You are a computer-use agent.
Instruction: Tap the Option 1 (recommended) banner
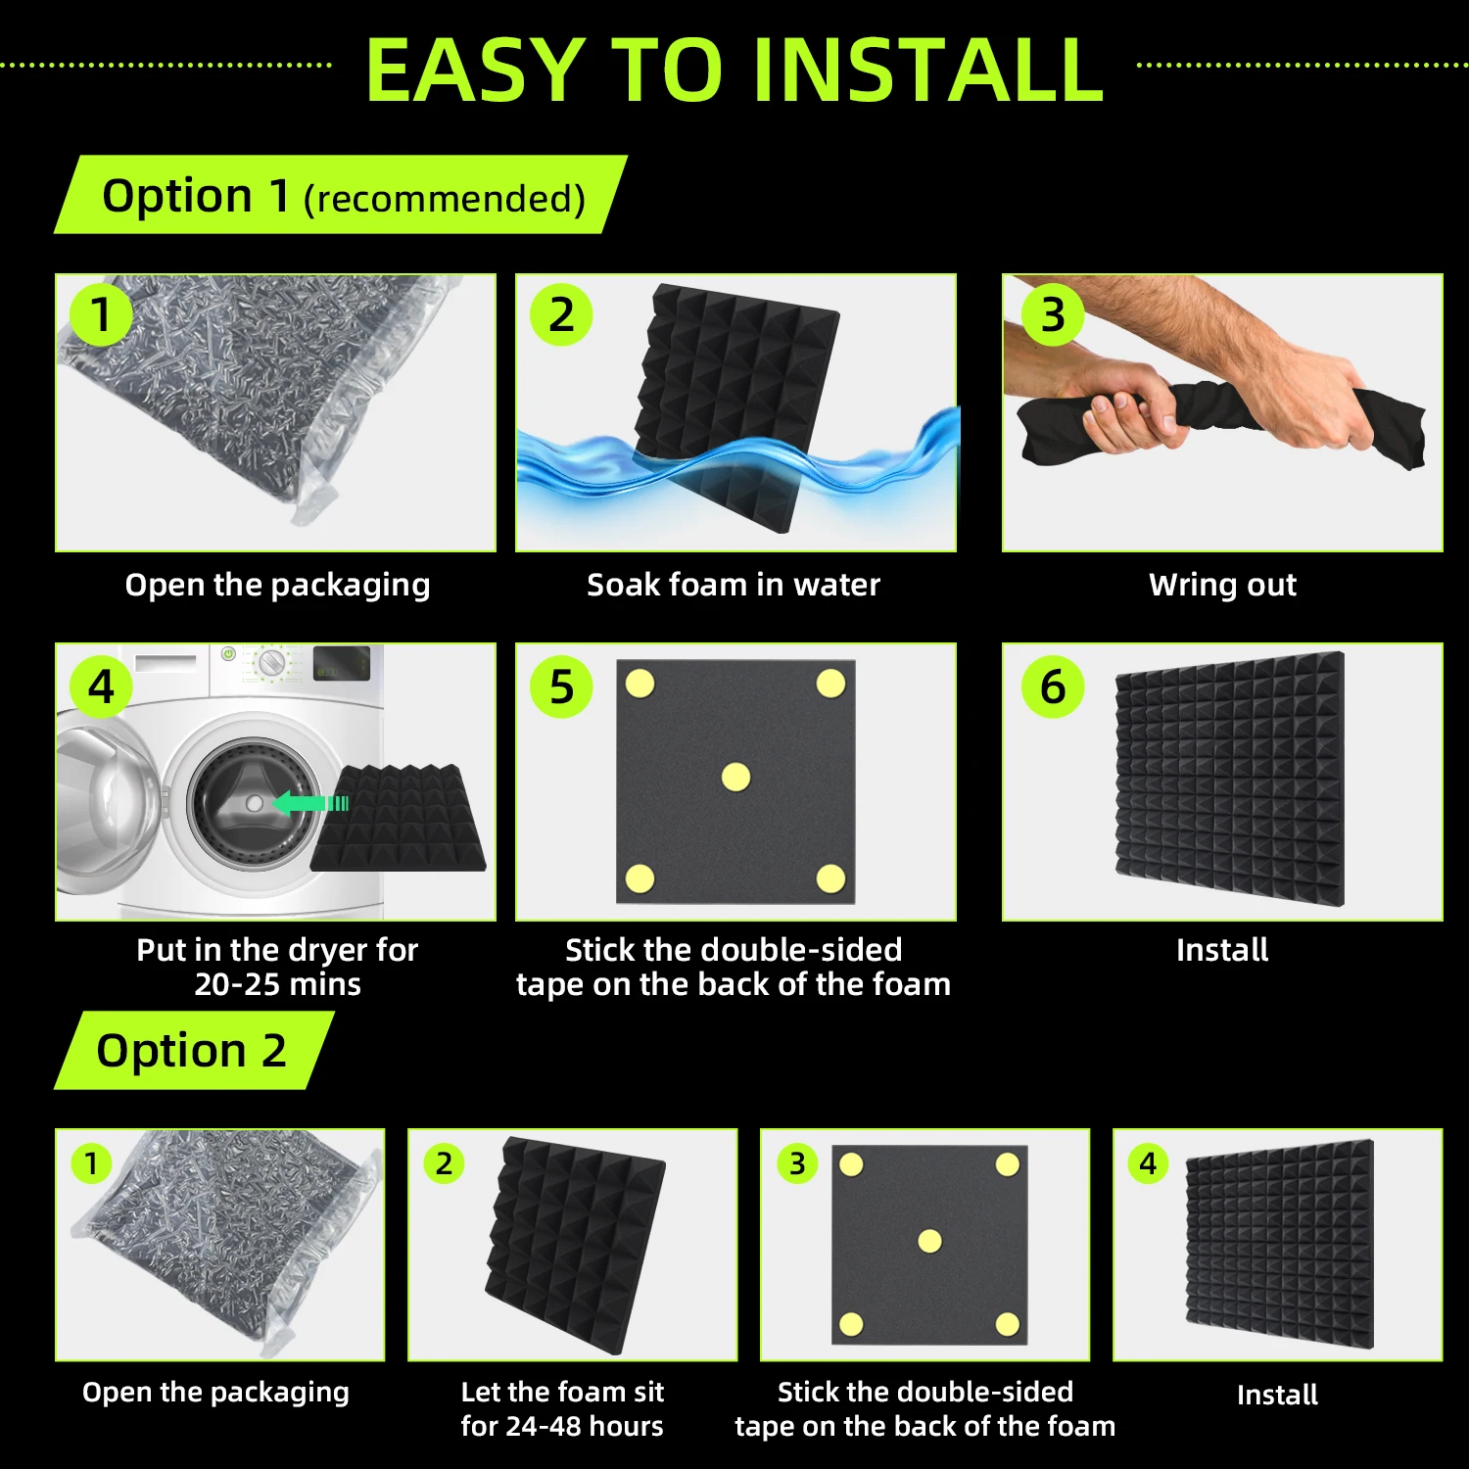click(x=340, y=195)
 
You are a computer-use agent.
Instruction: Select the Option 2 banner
click(x=194, y=1050)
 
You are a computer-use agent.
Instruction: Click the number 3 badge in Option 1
click(x=1053, y=314)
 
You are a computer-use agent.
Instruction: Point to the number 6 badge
click(x=1053, y=687)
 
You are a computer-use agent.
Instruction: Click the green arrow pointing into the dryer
click(x=310, y=803)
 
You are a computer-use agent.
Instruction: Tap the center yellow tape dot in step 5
click(x=735, y=778)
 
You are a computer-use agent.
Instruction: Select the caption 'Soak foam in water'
click(x=734, y=585)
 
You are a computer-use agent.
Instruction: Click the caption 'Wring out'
click(x=1222, y=585)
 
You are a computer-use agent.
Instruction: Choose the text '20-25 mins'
click(x=278, y=984)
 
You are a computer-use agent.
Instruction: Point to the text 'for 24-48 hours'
click(x=562, y=1426)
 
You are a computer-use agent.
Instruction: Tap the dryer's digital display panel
click(x=342, y=664)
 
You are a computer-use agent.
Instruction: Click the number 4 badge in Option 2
click(x=1148, y=1163)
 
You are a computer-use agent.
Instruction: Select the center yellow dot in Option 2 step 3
click(x=929, y=1242)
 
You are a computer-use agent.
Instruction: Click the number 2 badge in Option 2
click(x=444, y=1163)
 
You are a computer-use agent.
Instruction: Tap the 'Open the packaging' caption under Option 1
click(x=278, y=585)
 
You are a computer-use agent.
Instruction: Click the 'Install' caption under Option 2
click(x=1277, y=1395)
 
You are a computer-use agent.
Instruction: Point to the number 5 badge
click(x=561, y=687)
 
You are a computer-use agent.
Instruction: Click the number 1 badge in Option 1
click(x=101, y=314)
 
